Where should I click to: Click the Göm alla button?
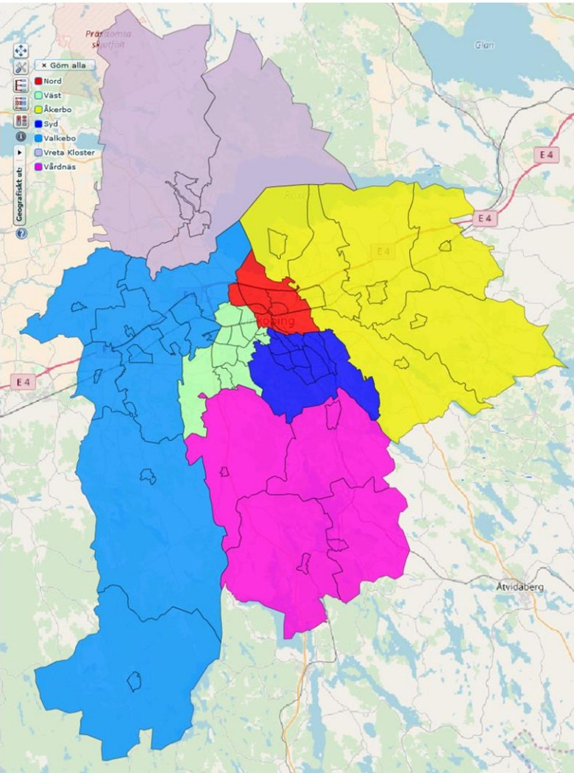[64, 65]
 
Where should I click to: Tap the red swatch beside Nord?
[38, 81]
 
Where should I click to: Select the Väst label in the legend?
[51, 95]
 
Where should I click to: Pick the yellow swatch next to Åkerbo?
[38, 109]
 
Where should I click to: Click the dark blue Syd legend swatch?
[38, 124]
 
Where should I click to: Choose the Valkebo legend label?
[59, 138]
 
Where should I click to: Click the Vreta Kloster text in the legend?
[69, 152]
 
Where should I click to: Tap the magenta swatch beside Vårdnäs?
[38, 166]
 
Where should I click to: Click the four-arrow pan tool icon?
[21, 50]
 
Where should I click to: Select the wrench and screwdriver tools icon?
[21, 67]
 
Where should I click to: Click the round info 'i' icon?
[21, 137]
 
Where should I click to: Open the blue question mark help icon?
[21, 233]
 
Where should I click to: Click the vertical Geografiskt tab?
[21, 188]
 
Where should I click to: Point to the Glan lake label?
[483, 45]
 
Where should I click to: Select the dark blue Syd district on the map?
[309, 372]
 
